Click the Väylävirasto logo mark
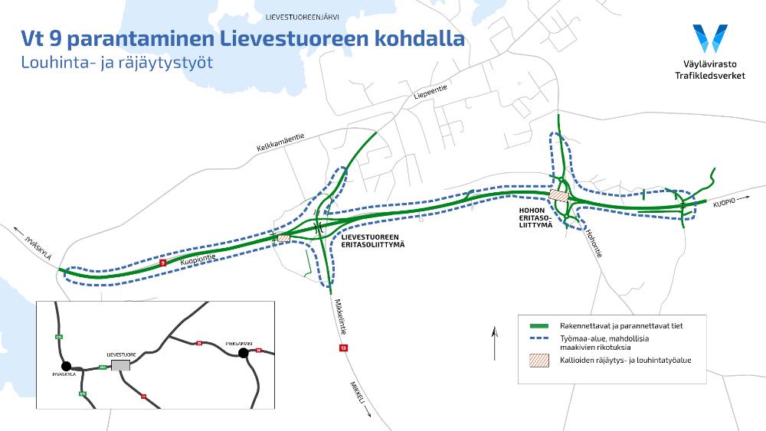coord(709,38)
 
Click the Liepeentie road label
coord(430,93)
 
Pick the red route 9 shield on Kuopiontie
coord(162,263)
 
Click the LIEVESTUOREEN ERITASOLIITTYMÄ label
coord(371,240)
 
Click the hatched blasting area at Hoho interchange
coord(560,196)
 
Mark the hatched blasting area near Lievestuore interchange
coord(283,239)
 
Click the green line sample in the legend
coord(542,326)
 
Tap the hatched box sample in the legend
coord(542,360)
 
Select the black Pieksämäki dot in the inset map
coord(244,353)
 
